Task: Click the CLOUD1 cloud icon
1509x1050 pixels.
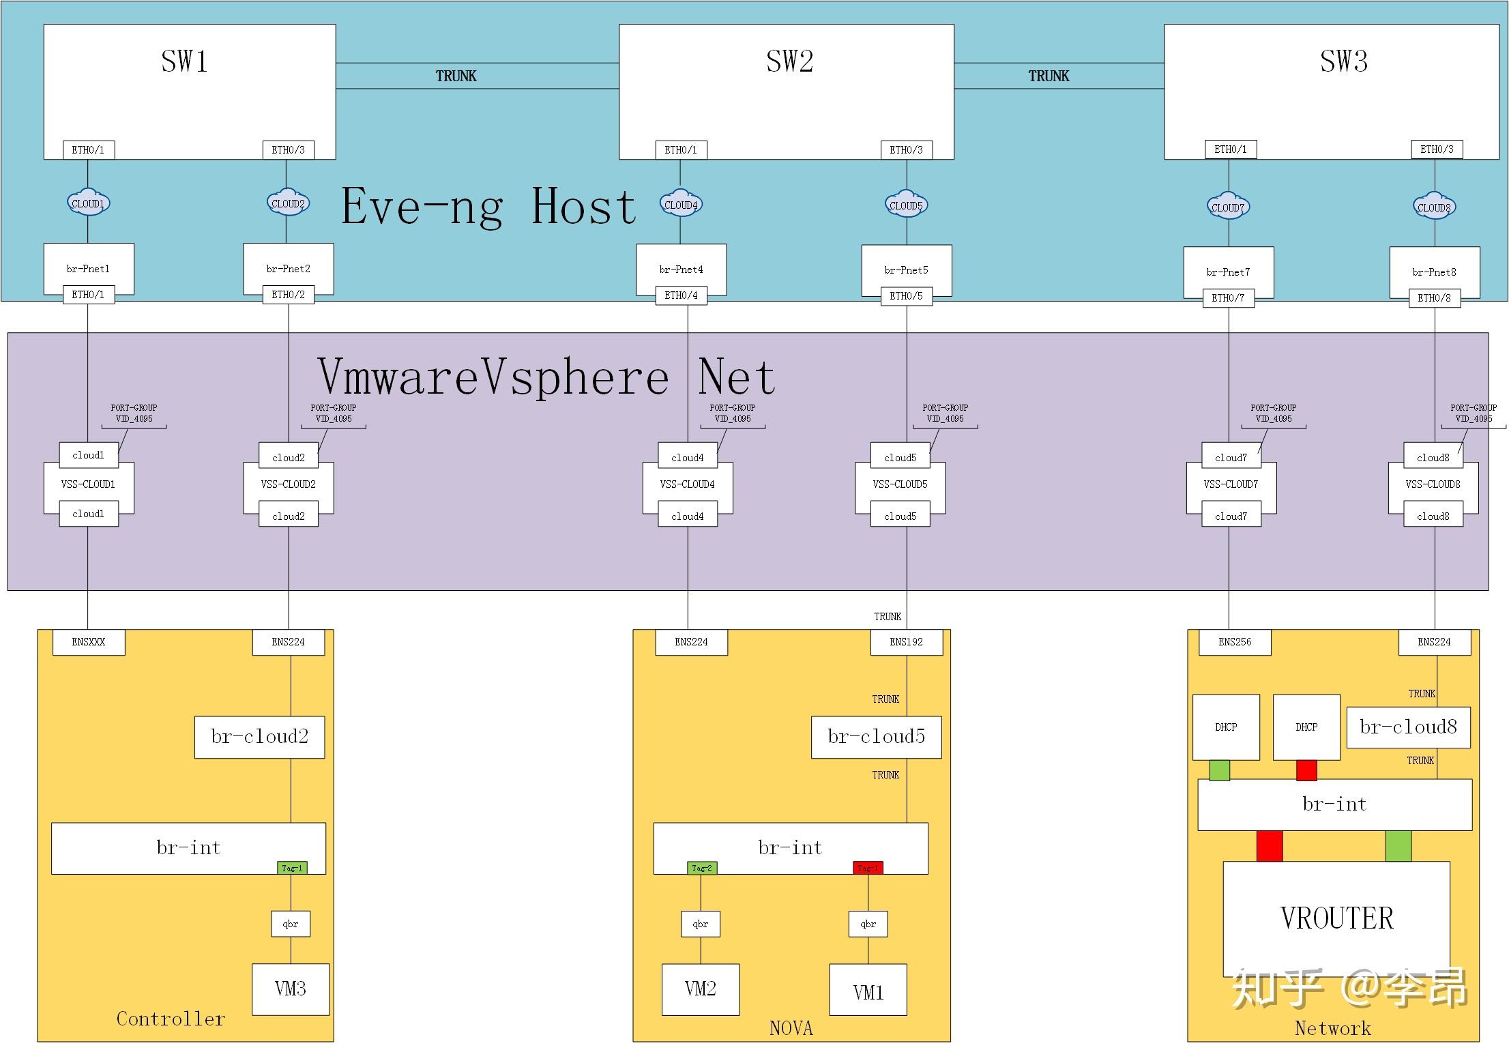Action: click(88, 203)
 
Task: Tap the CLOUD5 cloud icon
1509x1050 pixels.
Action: click(906, 205)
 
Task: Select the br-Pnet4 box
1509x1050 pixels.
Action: click(681, 269)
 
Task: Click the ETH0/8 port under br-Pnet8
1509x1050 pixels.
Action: click(1435, 298)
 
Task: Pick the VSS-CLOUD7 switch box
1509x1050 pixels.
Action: click(1231, 484)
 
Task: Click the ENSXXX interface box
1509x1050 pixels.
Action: click(89, 642)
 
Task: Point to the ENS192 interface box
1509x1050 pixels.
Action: click(906, 642)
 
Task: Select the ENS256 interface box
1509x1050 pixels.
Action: click(1235, 642)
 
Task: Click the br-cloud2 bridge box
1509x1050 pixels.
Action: click(259, 737)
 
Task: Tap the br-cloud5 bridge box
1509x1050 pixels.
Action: click(876, 737)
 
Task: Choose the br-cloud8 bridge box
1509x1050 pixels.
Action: click(1408, 727)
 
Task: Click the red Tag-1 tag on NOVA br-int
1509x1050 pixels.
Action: click(868, 868)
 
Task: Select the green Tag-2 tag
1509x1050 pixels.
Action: click(701, 868)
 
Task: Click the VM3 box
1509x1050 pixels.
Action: click(291, 989)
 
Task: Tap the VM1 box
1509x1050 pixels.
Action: click(868, 991)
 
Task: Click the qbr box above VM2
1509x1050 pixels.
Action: click(701, 924)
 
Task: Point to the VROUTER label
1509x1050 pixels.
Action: click(1336, 918)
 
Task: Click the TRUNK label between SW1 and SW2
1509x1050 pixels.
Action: click(456, 76)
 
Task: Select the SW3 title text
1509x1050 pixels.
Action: click(1343, 61)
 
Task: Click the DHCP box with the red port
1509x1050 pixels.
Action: click(1306, 727)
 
